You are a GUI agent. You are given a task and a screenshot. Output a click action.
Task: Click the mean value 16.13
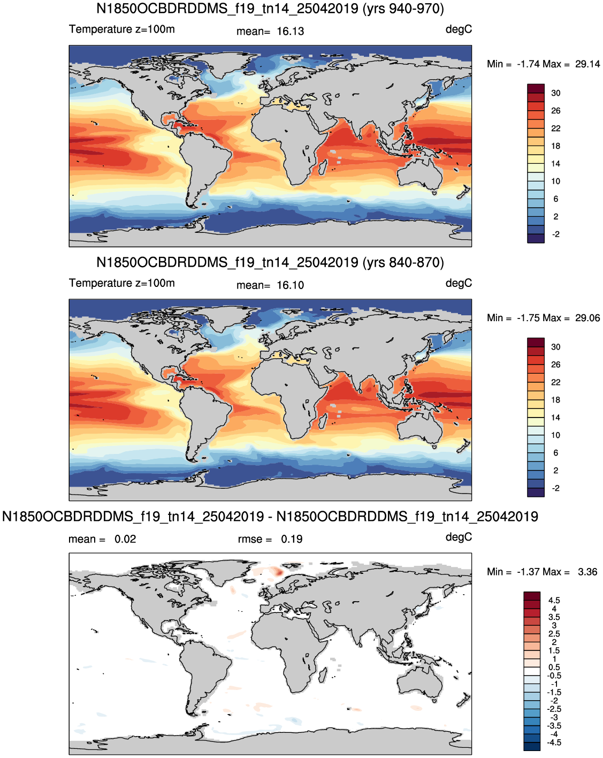click(x=290, y=32)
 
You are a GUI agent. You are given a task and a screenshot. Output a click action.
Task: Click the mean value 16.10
click(x=290, y=285)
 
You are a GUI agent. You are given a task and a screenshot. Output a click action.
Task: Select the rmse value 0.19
click(x=292, y=539)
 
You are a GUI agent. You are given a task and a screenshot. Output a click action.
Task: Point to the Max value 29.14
click(x=587, y=64)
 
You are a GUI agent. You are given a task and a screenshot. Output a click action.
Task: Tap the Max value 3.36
click(x=587, y=571)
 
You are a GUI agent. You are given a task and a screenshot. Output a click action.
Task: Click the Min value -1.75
click(x=528, y=318)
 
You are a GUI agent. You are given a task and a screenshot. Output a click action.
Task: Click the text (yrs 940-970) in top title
click(x=403, y=9)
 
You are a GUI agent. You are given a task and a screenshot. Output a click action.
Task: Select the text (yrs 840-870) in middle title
click(x=403, y=262)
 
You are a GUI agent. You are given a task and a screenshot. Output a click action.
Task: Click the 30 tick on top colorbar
click(x=555, y=93)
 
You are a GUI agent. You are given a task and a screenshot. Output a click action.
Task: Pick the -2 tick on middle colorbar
click(x=555, y=488)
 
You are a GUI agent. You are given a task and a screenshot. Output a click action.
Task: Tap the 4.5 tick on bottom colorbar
click(x=554, y=600)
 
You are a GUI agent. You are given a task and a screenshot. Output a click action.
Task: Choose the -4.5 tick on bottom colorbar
click(x=554, y=742)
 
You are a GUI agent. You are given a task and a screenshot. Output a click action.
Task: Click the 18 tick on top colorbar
click(x=555, y=146)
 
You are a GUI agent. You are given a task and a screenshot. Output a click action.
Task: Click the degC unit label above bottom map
click(x=459, y=537)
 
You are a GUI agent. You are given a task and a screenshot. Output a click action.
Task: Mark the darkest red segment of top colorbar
click(x=536, y=88)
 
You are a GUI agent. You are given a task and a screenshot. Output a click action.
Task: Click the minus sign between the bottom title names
click(x=270, y=517)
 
